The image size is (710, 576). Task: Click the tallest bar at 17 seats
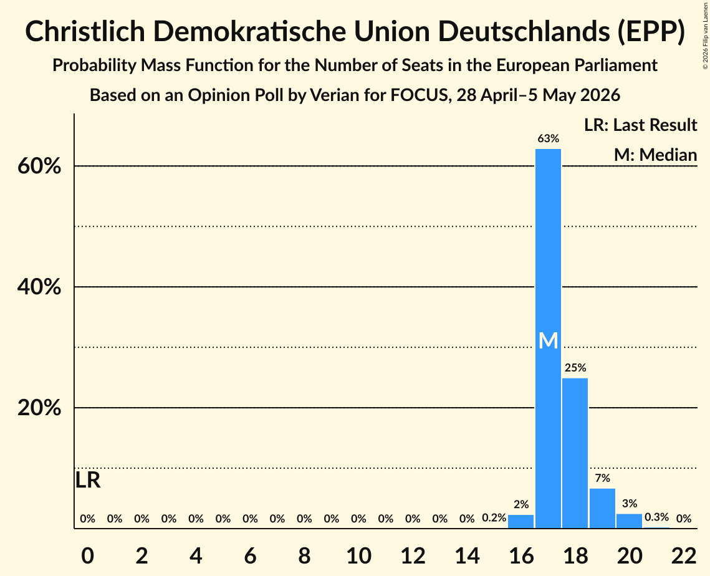[548, 338]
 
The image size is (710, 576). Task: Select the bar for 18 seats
[575, 453]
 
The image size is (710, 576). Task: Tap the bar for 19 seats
[602, 509]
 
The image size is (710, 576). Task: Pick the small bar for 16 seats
[521, 522]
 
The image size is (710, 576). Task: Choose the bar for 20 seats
[630, 521]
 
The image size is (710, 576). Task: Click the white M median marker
[549, 340]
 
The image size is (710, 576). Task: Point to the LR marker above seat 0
[88, 480]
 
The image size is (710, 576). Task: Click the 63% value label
[549, 138]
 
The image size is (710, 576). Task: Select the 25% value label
[575, 368]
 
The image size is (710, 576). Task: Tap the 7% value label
[603, 478]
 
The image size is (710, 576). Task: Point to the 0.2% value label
[494, 518]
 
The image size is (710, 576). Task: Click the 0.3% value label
[656, 517]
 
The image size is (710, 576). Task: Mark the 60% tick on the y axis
[39, 166]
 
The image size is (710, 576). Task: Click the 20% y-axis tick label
[39, 408]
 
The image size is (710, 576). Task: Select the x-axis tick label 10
[359, 555]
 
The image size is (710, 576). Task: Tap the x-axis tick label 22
[684, 555]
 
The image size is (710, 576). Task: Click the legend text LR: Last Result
[640, 125]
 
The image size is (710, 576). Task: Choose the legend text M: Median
[655, 155]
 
